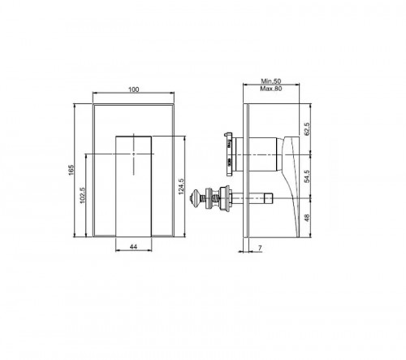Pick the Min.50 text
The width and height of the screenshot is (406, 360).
pos(270,82)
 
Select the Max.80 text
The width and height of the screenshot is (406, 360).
pos(270,90)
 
